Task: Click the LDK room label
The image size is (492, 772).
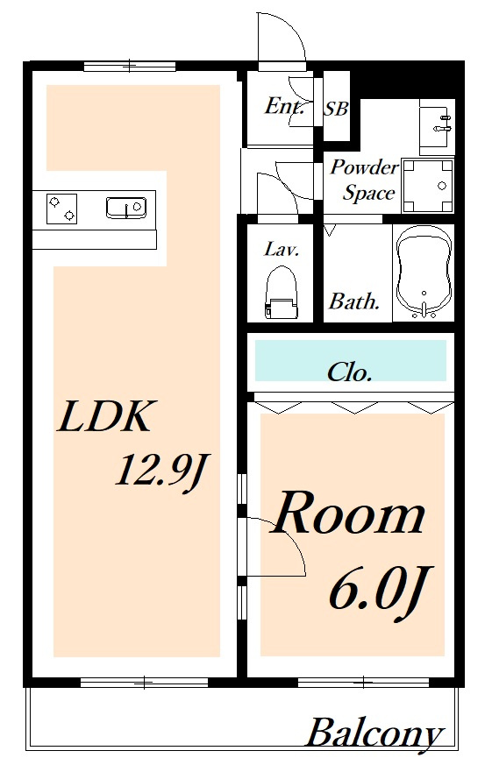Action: (104, 417)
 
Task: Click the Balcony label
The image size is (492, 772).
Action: (374, 734)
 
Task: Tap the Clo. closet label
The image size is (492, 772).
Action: (349, 372)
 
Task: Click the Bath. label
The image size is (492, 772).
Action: (354, 301)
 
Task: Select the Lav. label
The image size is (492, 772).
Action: (282, 249)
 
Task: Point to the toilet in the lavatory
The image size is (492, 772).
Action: (282, 294)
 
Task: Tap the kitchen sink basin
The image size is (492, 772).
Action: (126, 208)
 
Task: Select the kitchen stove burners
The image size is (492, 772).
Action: (61, 209)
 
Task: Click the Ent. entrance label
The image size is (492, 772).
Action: (284, 106)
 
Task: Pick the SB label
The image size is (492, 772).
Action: (336, 109)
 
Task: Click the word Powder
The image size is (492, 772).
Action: (364, 167)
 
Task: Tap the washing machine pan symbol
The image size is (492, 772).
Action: (428, 186)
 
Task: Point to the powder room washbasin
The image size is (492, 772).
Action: (436, 126)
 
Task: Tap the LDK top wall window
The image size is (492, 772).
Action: (129, 65)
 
